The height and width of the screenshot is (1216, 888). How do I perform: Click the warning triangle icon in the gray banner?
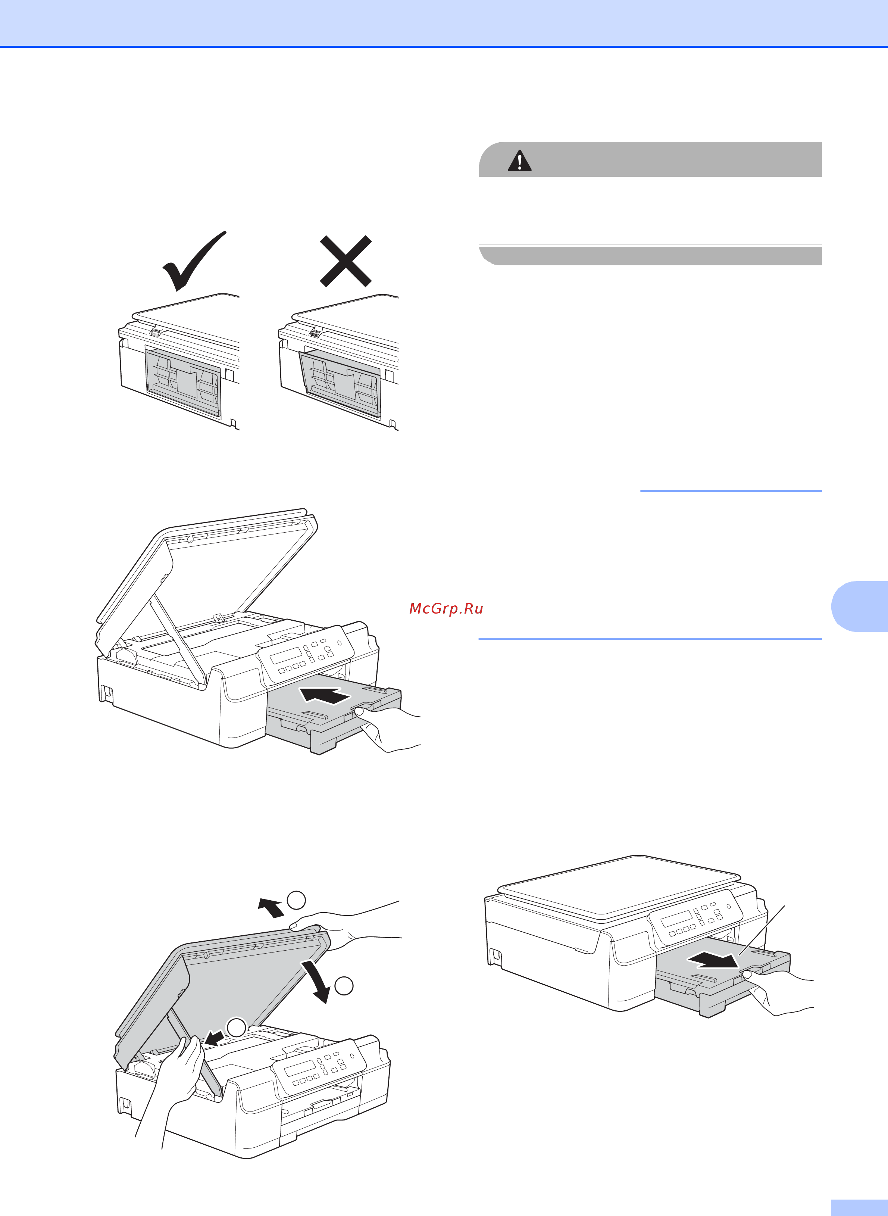pos(519,161)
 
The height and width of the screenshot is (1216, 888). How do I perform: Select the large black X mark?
pos(345,261)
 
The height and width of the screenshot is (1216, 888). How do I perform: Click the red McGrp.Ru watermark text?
pos(446,608)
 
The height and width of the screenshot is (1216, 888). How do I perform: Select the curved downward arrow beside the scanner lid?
pos(317,982)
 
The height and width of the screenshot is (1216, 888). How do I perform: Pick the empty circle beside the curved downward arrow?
pos(344,985)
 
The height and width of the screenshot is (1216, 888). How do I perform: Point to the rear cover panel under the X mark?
pos(340,383)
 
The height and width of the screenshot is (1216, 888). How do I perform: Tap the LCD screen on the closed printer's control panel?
pos(676,919)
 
